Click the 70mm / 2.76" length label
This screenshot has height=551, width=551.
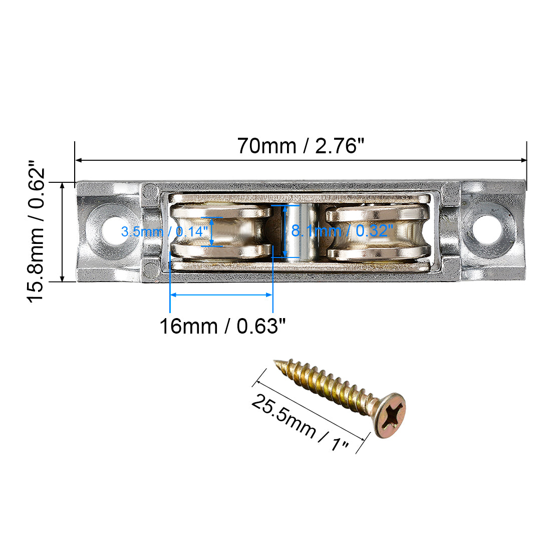click(301, 146)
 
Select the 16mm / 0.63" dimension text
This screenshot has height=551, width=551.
click(222, 327)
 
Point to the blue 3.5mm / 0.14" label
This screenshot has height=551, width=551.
click(164, 232)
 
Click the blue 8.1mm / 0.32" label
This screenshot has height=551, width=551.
click(342, 231)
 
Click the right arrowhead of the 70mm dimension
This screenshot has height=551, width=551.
click(523, 160)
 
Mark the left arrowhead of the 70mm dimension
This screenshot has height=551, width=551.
click(79, 160)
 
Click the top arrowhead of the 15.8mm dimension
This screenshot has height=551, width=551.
click(62, 186)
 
